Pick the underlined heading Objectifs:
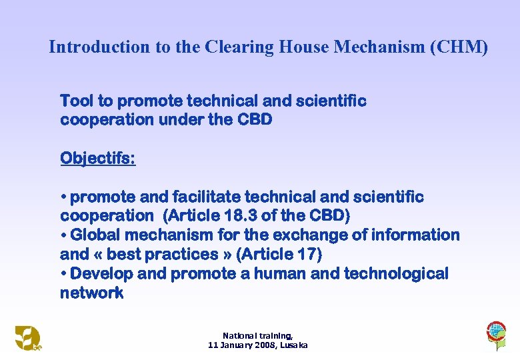pos(97,159)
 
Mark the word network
pos(91,293)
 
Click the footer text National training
pos(257,335)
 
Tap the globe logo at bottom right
pos(495,333)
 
